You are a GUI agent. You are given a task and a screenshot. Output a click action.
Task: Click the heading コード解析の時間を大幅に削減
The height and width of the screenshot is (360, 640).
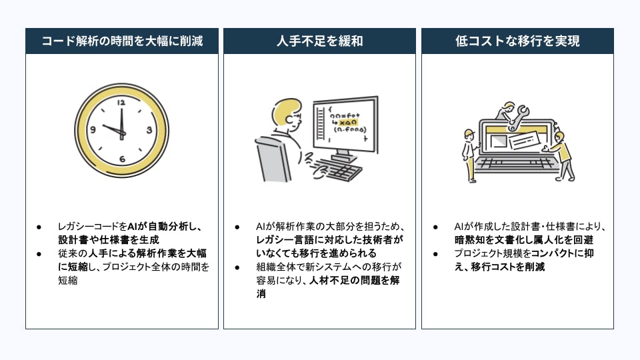pos(122,41)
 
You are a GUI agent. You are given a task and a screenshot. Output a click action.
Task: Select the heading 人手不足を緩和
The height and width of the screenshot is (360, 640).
pos(319,41)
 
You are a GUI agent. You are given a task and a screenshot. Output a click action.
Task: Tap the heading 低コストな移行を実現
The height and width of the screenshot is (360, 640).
pos(517,41)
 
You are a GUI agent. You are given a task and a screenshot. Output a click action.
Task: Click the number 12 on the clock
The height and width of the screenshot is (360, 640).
pos(121,103)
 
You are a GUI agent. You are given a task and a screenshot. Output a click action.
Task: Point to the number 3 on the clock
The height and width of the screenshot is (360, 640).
pos(149,130)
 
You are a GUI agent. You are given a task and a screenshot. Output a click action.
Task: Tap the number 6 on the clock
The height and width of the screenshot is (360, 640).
pos(122,159)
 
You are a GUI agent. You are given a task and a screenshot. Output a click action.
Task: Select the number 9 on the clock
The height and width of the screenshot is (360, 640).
pos(93,129)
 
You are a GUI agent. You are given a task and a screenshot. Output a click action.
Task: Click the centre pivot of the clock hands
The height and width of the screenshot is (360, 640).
pos(122,133)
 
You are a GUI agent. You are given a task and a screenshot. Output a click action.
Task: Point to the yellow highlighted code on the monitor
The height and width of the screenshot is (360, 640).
pos(348,123)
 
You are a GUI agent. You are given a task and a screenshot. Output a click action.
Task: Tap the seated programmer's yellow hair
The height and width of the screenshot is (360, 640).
pos(285,110)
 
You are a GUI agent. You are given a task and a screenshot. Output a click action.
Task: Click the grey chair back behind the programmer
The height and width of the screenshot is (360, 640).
pos(271,160)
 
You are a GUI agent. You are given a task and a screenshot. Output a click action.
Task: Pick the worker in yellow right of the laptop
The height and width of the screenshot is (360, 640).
pos(562,155)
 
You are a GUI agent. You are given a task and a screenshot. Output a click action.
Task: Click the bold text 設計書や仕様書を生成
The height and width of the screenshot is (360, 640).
pos(109,239)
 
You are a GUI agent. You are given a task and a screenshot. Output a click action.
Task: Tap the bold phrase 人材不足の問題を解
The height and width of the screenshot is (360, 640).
pos(354,281)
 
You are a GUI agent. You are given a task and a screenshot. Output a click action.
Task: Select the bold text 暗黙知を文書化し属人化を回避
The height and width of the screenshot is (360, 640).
pos(524,239)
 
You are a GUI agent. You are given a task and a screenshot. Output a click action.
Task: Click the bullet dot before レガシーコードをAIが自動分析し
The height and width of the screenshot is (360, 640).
pos(39,227)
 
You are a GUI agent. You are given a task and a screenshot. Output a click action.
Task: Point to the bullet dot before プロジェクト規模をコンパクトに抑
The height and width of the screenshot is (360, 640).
pos(435,254)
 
